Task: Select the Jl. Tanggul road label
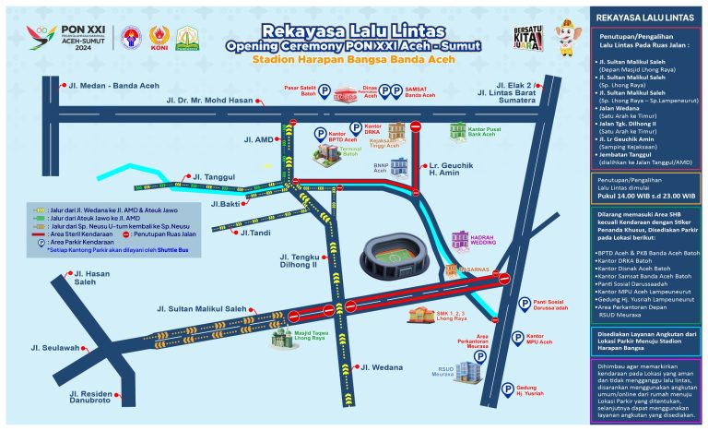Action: [x=213, y=175]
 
